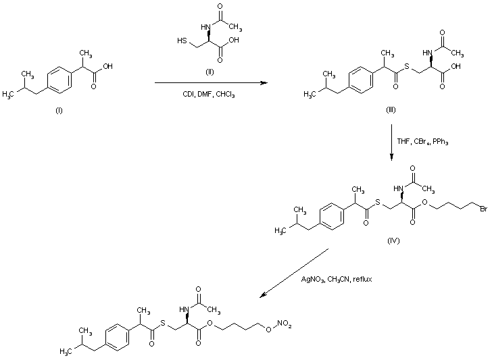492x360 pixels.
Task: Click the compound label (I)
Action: click(58, 111)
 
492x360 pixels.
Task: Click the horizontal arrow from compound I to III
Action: click(208, 83)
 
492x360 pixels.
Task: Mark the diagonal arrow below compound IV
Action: click(295, 273)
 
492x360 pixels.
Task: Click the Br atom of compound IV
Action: click(483, 209)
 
